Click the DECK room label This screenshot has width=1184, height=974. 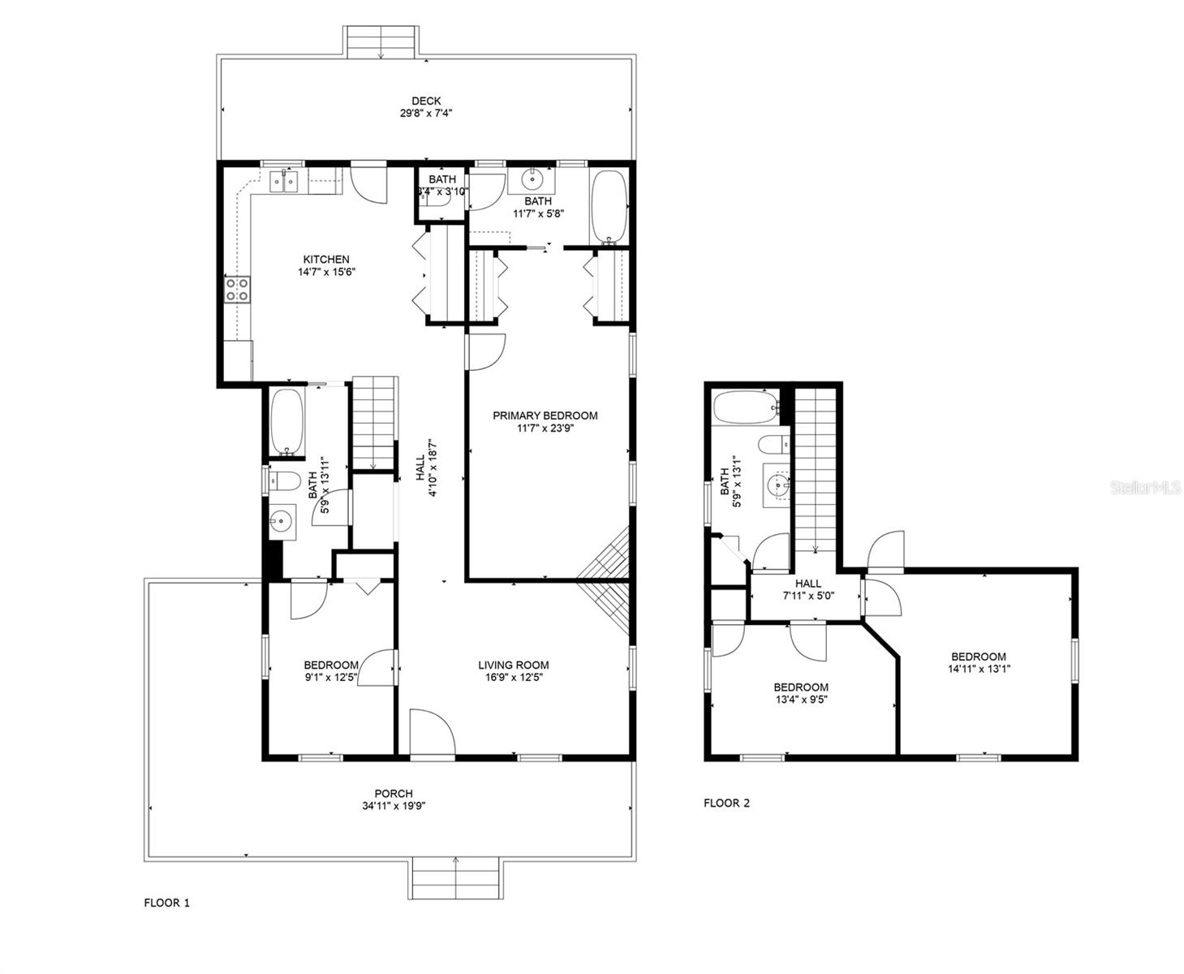tap(426, 101)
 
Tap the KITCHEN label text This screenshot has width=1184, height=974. tap(326, 260)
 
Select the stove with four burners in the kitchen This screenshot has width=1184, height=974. tap(238, 290)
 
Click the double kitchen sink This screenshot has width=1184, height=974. tap(284, 181)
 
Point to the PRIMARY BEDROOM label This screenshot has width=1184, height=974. tap(545, 416)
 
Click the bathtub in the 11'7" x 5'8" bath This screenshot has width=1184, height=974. tap(609, 208)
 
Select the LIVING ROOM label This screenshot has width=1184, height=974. tap(514, 666)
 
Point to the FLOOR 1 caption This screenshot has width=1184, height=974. tap(166, 903)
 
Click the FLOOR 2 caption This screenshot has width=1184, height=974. tap(726, 803)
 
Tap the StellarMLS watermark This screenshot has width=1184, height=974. tap(1145, 487)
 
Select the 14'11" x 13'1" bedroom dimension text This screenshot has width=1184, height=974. tap(979, 669)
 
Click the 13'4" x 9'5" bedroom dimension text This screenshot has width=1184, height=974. tap(801, 700)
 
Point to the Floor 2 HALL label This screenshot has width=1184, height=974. tap(807, 584)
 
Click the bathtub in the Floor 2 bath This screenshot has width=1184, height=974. tap(746, 407)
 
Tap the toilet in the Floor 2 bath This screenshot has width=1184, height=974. tap(774, 445)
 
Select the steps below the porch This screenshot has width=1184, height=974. tap(455, 878)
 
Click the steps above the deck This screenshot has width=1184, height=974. tap(381, 41)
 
